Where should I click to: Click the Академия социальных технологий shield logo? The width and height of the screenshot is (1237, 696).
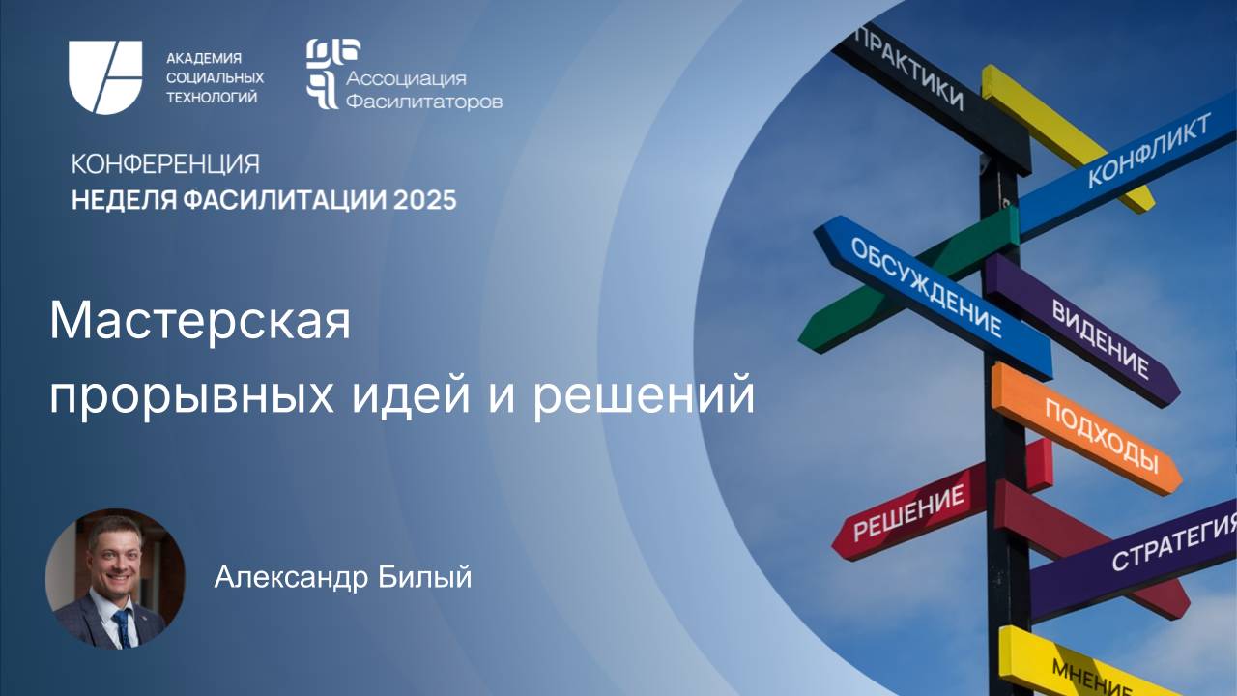104,77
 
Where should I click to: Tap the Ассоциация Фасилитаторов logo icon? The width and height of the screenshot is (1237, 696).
322,73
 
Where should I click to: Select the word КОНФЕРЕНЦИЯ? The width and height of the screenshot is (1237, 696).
165,163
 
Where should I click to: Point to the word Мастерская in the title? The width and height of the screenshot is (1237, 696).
199,322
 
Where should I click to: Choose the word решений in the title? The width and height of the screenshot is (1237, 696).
645,395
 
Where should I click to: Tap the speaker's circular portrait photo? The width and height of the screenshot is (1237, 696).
114,578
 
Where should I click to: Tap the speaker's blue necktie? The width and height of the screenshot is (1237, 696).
122,626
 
